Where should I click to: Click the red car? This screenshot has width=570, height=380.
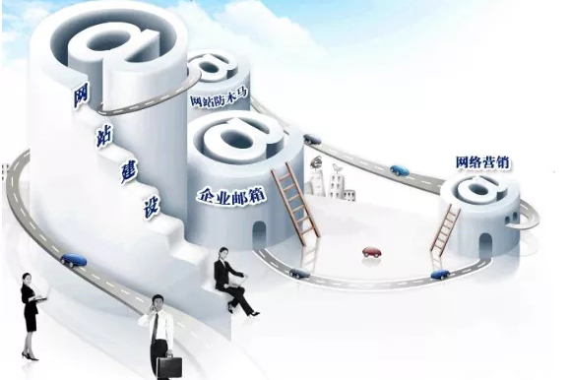tap(372, 252)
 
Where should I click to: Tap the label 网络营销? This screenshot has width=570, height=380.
tap(483, 162)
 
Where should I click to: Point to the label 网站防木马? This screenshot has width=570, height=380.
tap(218, 97)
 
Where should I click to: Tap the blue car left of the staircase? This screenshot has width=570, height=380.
tap(73, 261)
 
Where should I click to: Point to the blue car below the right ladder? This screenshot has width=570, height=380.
tap(439, 274)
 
